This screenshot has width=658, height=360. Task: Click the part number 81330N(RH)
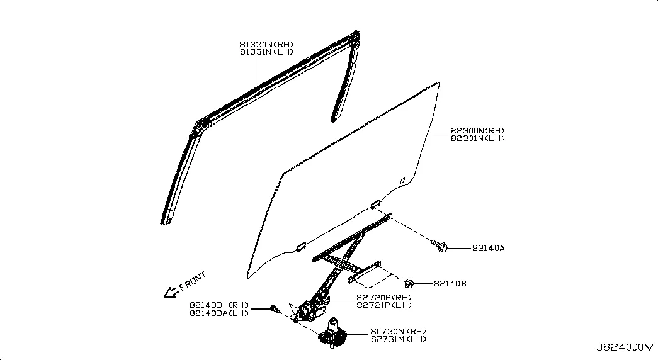coord(266,45)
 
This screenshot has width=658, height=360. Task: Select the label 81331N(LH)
coord(266,52)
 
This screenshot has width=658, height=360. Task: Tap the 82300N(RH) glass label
coord(477,131)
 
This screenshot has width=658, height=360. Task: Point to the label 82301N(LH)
coord(477,138)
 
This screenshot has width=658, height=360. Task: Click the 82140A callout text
coord(489,248)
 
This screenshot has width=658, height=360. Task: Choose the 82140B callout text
coord(450,284)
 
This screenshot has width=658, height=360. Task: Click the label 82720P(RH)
coord(384,298)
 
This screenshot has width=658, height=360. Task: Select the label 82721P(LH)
coord(384,305)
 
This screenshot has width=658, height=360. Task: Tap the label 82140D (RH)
coord(219,305)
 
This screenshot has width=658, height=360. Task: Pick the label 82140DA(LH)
coord(219,313)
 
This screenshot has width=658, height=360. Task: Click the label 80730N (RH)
coord(398,332)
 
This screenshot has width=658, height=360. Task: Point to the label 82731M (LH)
coord(398,339)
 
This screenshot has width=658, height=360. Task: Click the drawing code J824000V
coord(625,347)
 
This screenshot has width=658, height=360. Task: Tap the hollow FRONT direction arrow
coord(171,292)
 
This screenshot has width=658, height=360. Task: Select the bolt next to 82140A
coord(440,246)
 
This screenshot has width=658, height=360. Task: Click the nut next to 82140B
coord(409,284)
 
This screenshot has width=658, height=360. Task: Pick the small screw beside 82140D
coord(275,309)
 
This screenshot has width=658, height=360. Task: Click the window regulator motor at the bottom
coord(332,334)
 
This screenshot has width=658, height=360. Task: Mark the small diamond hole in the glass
coord(402,181)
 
